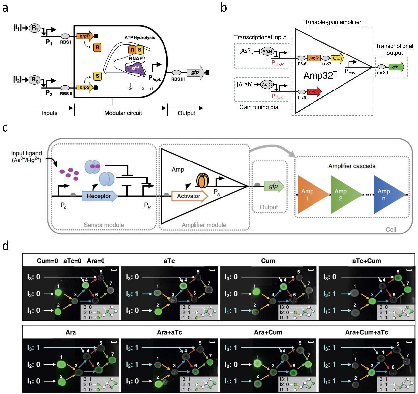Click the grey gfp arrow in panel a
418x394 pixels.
pyautogui.click(x=196, y=72)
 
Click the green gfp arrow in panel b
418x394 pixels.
pyautogui.click(x=396, y=67)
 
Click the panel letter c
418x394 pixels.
pyautogui.click(x=5, y=128)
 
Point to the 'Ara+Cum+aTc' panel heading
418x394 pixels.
pyautogui.click(x=366, y=332)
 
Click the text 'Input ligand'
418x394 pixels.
pyautogui.click(x=26, y=153)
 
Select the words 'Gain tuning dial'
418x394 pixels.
pyautogui.click(x=259, y=107)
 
